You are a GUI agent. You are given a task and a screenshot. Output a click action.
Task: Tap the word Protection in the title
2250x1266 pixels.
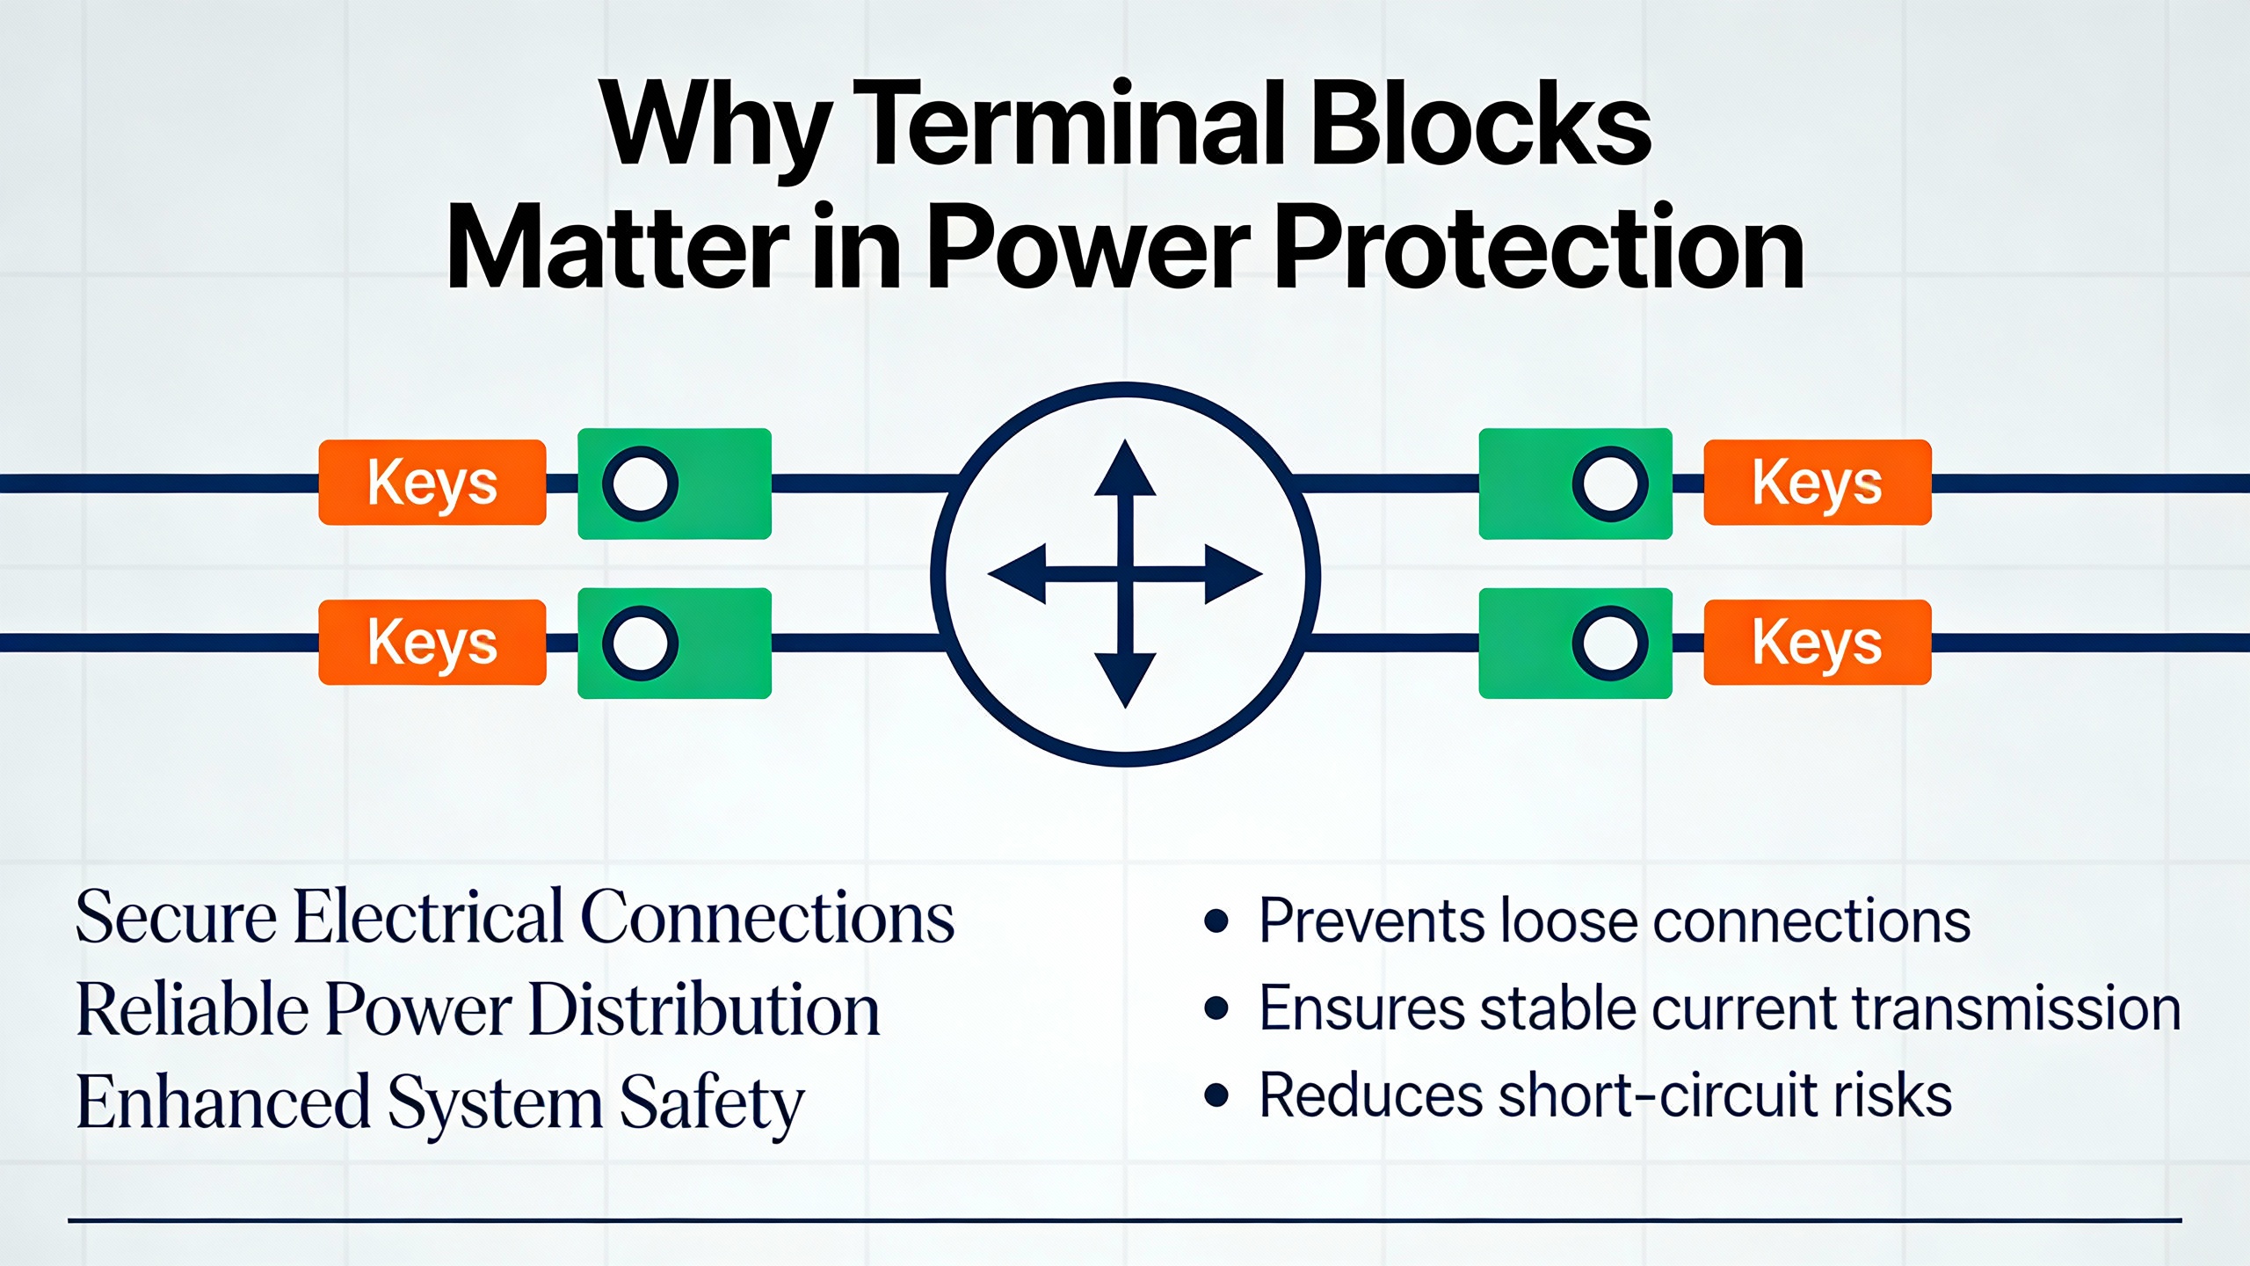pyautogui.click(x=1538, y=248)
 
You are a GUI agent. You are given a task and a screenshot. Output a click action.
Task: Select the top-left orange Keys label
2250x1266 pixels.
pyautogui.click(x=432, y=483)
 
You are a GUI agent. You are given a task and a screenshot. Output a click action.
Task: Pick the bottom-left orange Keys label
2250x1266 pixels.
pyautogui.click(x=432, y=643)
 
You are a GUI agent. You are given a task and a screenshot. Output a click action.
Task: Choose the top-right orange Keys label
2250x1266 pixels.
pyautogui.click(x=1818, y=483)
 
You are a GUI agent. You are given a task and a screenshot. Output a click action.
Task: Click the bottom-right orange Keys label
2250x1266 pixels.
pyautogui.click(x=1818, y=643)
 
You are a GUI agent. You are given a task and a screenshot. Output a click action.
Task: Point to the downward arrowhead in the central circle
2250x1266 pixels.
pyautogui.click(x=1125, y=679)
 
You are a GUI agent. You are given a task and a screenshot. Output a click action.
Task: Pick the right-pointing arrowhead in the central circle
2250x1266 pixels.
pyautogui.click(x=1232, y=574)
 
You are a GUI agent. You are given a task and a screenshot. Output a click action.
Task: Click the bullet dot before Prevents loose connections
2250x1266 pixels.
pyautogui.click(x=1216, y=920)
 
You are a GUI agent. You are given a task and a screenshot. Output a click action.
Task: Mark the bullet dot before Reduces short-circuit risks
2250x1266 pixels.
pyautogui.click(x=1216, y=1095)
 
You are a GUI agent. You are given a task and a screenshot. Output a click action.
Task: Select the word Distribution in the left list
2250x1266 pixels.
pyautogui.click(x=705, y=1009)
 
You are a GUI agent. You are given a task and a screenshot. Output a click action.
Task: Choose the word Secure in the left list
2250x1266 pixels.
pyautogui.click(x=177, y=917)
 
